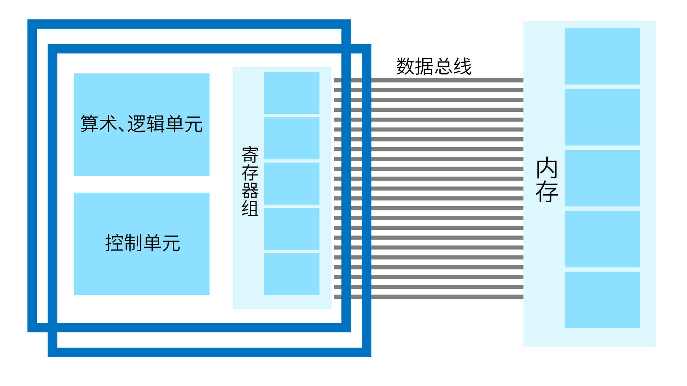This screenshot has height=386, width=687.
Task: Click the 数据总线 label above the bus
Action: tap(434, 66)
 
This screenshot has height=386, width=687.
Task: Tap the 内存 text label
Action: tap(547, 180)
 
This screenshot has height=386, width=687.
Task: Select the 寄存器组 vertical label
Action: tap(250, 181)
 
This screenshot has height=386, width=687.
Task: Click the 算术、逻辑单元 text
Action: tap(141, 124)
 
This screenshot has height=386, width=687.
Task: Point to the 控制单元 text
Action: tap(142, 243)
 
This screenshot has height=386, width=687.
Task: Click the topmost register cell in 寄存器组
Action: tap(291, 93)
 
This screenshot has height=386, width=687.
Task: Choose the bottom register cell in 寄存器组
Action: tap(291, 274)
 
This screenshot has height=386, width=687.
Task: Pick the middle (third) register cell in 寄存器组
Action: tap(291, 184)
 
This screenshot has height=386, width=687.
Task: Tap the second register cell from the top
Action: tap(291, 138)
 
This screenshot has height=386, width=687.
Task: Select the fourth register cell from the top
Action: tap(291, 229)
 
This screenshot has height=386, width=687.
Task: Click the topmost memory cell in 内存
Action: tap(602, 56)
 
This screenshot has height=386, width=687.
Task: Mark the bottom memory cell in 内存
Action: tap(602, 300)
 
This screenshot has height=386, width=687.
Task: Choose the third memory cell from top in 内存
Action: tap(602, 178)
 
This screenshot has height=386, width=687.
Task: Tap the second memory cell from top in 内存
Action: tap(602, 117)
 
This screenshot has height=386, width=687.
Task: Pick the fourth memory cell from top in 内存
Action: tap(602, 239)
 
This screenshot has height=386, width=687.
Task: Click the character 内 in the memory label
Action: tap(547, 168)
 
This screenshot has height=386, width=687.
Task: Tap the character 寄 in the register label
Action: tap(250, 155)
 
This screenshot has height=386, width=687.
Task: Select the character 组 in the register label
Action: tap(250, 208)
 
